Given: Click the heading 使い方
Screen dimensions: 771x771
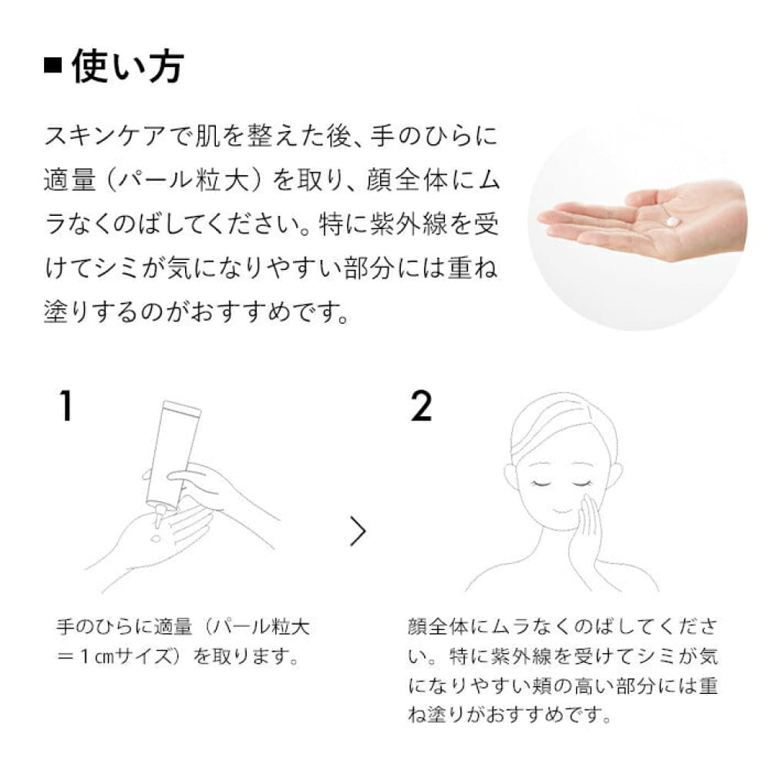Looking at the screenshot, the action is tap(128, 66).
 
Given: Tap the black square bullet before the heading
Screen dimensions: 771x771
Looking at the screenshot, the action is tap(53, 66).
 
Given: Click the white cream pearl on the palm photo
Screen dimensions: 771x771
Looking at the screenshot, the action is tap(672, 221).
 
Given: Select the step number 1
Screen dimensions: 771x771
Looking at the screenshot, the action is tap(66, 406).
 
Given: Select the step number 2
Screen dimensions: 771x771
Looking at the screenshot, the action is tap(421, 406).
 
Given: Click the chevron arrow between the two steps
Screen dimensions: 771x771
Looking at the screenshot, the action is tap(359, 531).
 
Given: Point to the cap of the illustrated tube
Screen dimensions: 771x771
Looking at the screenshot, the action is tap(181, 407).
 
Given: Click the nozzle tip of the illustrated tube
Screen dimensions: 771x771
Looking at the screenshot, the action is tap(158, 521).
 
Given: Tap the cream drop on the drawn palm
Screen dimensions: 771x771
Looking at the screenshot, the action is tap(157, 538).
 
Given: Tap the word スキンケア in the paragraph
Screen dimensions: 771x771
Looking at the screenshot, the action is tap(104, 136).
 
